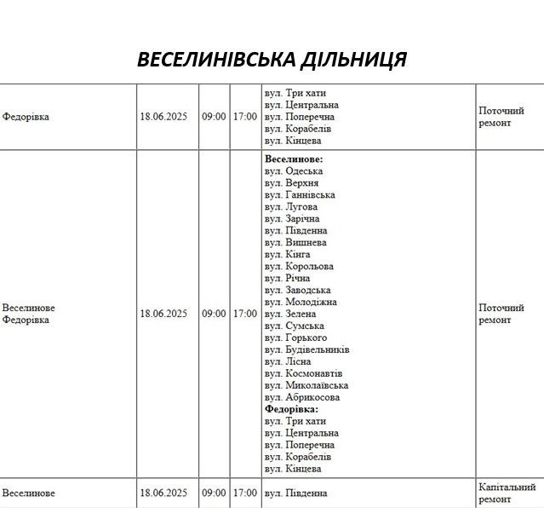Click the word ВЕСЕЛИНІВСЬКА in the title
click(215, 60)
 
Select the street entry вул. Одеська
click(294, 171)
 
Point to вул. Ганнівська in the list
click(300, 195)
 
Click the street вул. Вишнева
click(295, 243)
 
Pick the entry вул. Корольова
click(299, 267)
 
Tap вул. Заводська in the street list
click(298, 291)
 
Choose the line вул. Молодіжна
click(301, 303)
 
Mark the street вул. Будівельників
click(307, 350)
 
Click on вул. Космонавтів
click(304, 374)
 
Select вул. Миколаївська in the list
click(306, 386)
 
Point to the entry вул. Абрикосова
click(302, 398)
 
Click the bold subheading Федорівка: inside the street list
click(291, 410)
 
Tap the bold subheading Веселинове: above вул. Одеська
click(294, 159)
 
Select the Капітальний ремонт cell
click(507, 493)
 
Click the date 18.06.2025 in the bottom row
click(163, 494)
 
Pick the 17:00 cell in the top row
click(244, 117)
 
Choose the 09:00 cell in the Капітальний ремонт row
click(214, 494)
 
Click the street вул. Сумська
click(295, 326)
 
